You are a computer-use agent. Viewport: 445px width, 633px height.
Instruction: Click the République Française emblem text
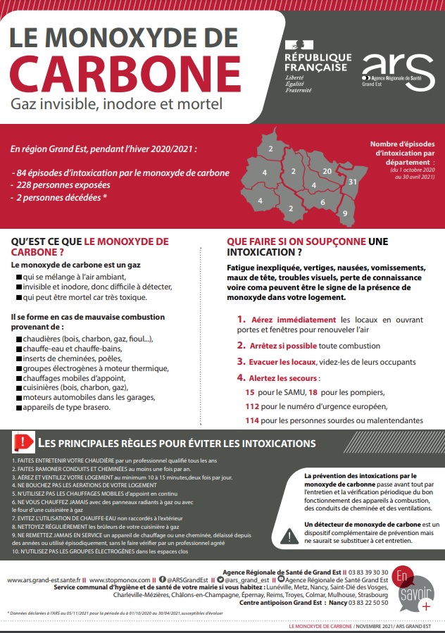coord(318,61)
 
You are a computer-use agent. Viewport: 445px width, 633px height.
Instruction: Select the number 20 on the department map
coord(327,171)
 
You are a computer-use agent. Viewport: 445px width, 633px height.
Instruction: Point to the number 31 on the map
coord(353,182)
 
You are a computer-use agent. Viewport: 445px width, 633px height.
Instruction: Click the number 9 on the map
coord(345,213)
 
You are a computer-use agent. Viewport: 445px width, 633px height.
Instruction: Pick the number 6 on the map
coord(322,203)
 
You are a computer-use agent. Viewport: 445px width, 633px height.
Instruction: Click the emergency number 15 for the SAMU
coord(249,392)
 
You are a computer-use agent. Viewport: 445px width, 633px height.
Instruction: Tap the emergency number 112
coord(252,406)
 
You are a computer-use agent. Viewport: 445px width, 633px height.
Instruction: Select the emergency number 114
coord(252,420)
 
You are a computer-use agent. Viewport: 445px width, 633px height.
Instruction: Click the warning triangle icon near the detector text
coord(289,536)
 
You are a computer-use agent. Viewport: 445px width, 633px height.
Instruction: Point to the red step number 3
coord(241,361)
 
